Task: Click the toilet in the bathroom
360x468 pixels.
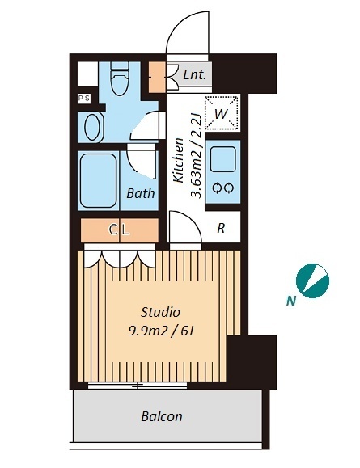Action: click(x=120, y=78)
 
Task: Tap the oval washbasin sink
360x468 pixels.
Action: click(x=92, y=127)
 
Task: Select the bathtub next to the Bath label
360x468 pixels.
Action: click(x=98, y=180)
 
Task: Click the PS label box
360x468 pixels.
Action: click(x=84, y=98)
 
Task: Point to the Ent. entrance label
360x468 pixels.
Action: click(x=194, y=74)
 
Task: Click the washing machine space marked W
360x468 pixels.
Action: click(x=222, y=113)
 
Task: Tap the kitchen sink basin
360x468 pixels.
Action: click(x=222, y=160)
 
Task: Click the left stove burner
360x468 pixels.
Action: click(x=216, y=188)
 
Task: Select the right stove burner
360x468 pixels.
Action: click(x=229, y=188)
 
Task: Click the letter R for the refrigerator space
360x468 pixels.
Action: click(x=221, y=228)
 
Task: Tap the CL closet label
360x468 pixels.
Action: click(x=119, y=230)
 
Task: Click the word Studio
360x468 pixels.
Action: click(x=160, y=312)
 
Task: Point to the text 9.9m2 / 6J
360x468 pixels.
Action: click(x=160, y=331)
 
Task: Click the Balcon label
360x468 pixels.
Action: click(x=162, y=416)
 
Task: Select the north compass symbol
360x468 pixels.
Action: click(x=312, y=280)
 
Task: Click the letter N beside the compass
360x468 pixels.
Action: click(x=291, y=301)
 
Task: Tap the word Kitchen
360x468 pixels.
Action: click(x=178, y=160)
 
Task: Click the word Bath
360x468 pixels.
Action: click(x=141, y=193)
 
